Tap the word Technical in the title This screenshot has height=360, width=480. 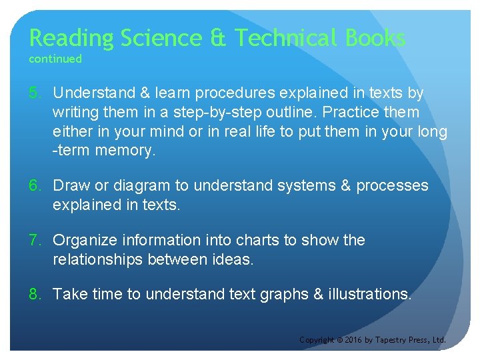point(287,38)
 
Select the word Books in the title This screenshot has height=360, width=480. point(375,38)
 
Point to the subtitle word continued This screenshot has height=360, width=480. point(55,59)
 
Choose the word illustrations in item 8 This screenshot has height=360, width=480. point(369,294)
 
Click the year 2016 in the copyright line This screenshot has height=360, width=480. point(353,340)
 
